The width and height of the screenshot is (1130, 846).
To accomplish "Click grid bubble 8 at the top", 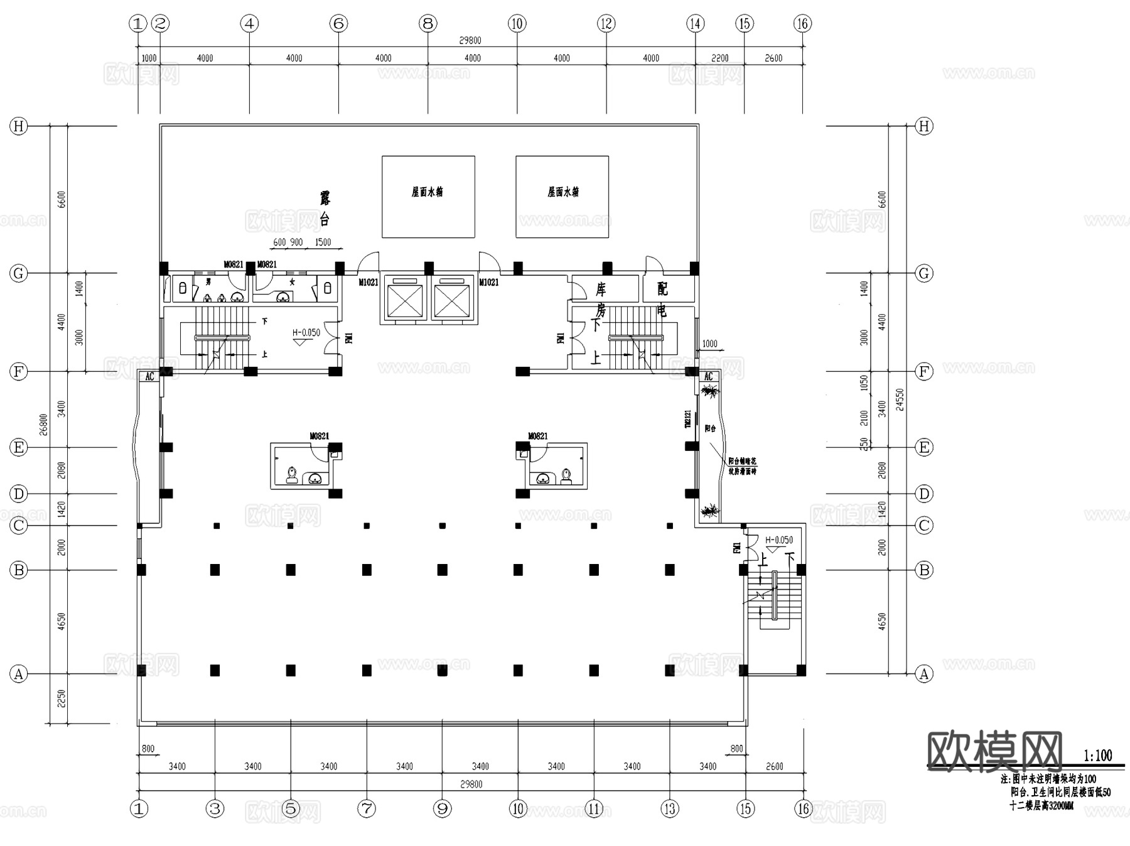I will click(x=428, y=24).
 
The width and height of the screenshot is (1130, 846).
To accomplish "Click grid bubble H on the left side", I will click(x=19, y=126).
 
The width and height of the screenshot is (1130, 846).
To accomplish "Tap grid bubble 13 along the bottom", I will click(x=670, y=808).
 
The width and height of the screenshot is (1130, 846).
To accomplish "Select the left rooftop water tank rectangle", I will click(x=428, y=197).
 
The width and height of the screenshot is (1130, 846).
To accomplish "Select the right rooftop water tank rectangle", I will click(x=562, y=197).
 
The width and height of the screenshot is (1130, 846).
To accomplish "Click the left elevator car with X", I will click(x=406, y=301).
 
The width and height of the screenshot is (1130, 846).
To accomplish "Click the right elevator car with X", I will click(x=451, y=301).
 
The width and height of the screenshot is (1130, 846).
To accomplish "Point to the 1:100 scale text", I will click(x=1097, y=756).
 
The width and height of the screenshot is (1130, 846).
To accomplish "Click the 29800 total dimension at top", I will click(x=470, y=40).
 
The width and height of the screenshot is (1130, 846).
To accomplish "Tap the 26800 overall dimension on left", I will click(x=43, y=424).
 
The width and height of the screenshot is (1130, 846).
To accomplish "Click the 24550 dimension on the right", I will click(x=900, y=399).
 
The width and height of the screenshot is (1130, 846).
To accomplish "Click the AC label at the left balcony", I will click(x=149, y=377).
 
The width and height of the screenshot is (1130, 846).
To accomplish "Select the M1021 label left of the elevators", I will click(x=369, y=283).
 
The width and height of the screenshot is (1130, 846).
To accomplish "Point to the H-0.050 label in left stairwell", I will click(x=306, y=333).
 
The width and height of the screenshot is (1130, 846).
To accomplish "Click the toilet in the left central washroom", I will click(x=292, y=474).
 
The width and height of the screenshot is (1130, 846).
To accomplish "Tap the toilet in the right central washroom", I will click(x=566, y=475).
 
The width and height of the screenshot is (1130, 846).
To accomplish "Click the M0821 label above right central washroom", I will click(x=537, y=436).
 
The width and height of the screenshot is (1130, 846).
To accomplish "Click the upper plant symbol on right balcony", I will click(x=710, y=393).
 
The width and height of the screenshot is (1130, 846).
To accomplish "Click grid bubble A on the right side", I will click(x=923, y=674).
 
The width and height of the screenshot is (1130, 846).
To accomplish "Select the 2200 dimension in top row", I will click(x=719, y=58).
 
